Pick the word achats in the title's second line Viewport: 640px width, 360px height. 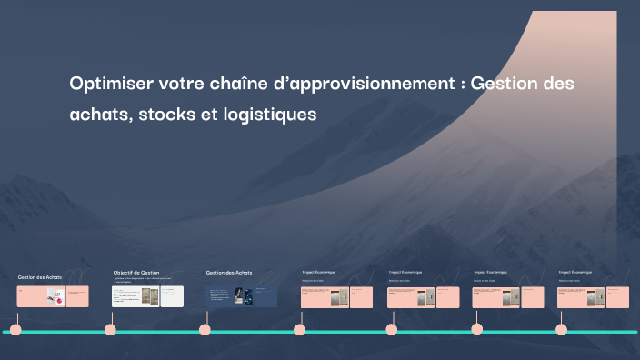99,115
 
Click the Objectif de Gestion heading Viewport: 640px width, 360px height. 136,273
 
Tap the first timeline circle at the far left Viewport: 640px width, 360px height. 15,330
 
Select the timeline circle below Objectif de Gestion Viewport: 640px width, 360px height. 110,330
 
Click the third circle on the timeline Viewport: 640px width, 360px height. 205,330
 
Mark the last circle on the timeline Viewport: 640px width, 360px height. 561,330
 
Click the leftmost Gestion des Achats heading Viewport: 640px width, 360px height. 40,276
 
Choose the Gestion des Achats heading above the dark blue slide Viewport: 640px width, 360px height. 229,273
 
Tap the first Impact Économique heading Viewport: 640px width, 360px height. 319,272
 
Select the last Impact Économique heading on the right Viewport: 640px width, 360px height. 575,272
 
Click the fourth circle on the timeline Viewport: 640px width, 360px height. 299,330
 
